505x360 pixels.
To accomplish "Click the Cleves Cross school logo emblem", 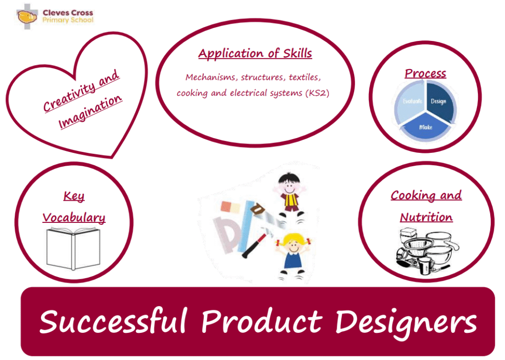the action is coord(27,16).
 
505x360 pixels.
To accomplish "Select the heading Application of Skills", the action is coord(255,53).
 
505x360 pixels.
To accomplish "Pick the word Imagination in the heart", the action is coord(90,111).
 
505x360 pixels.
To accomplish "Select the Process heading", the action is coord(426,73).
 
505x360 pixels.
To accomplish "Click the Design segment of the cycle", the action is coord(440,101).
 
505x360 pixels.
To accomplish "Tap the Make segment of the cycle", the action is coord(425,127).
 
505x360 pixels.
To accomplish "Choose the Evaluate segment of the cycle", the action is coord(411,101).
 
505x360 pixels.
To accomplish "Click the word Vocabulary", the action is coord(74,218).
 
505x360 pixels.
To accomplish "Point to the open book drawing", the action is coord(73,249).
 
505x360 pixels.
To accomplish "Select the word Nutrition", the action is coord(427,217).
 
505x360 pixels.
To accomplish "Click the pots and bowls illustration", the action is coord(427,251).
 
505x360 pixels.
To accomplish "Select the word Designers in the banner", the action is coord(405,323).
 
